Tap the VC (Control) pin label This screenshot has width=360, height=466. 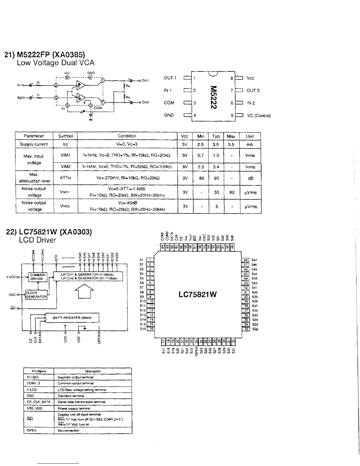pos(259,116)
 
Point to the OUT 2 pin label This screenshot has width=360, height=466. pos(253,91)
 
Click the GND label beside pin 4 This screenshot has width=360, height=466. pos(169,115)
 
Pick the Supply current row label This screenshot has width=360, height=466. pos(34,144)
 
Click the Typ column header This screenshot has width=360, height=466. pos(216,136)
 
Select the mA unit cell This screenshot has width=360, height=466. pos(250,144)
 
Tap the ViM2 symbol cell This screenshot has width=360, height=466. pos(65,167)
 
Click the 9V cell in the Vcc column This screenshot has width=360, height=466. pos(185,167)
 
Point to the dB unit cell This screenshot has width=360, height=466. pos(251,178)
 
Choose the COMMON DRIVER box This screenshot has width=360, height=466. pos(38,277)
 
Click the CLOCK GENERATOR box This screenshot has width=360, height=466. pos(36,295)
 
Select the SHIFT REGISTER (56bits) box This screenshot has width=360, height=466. pos(72,318)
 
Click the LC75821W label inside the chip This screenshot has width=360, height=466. pos(198,294)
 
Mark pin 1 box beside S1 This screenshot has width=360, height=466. pos(150,260)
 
